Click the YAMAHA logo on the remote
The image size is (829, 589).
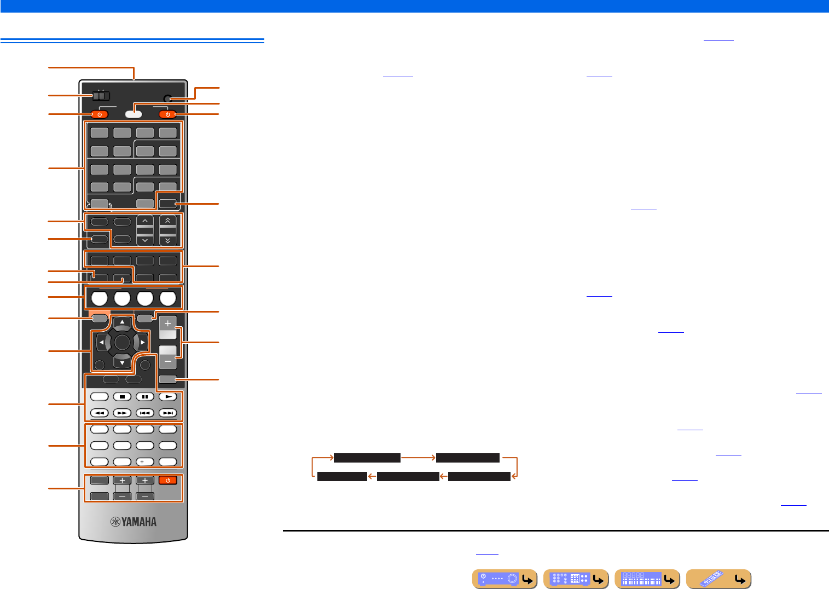[x=134, y=522]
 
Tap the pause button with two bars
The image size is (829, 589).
[x=145, y=396]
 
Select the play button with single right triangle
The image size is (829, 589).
[x=168, y=396]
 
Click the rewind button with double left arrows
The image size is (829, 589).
[x=100, y=413]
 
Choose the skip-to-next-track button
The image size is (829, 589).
[x=168, y=413]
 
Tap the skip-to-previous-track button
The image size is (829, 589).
[x=145, y=413]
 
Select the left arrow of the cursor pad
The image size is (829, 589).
[x=102, y=343]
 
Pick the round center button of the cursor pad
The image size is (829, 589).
[x=122, y=343]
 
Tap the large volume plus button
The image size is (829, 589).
[x=168, y=324]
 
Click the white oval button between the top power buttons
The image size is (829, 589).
[x=134, y=114]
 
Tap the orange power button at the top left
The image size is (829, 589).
[x=100, y=114]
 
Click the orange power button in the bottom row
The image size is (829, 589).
[x=168, y=481]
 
